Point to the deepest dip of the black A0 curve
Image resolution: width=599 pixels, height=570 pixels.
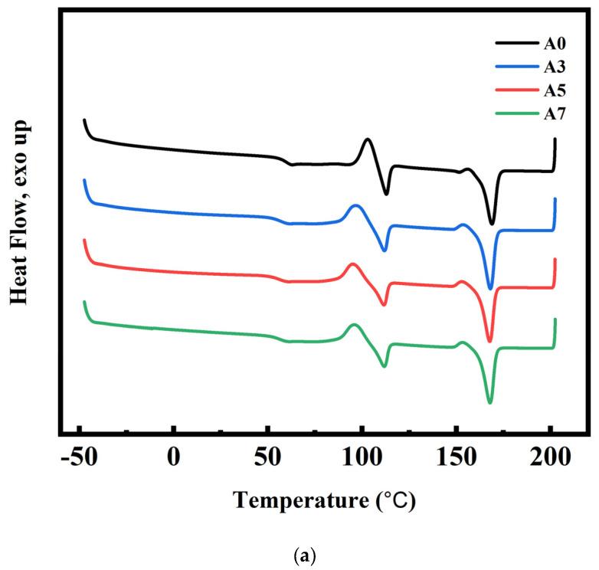point(492,224)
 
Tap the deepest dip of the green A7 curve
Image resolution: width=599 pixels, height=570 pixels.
point(489,402)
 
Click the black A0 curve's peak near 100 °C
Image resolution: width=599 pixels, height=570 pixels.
point(368,139)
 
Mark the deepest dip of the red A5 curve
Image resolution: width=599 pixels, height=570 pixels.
point(489,341)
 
